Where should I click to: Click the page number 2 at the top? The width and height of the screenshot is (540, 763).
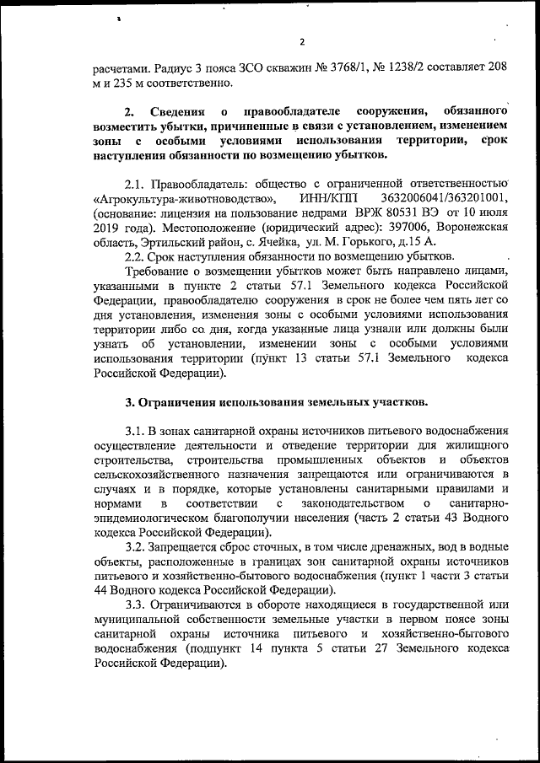[301, 43]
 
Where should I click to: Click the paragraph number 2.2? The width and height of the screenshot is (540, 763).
[135, 256]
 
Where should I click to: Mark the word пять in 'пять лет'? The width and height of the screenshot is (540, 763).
[448, 299]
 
